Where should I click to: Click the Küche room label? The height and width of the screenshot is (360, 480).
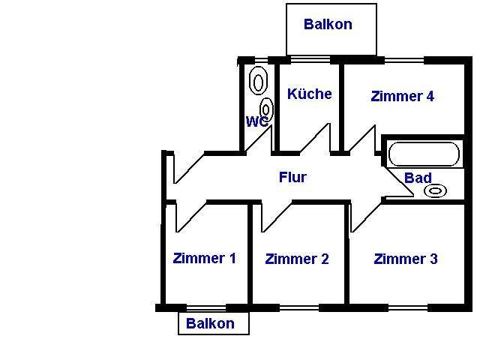tap(309, 94)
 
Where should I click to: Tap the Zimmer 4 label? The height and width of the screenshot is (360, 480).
tap(402, 96)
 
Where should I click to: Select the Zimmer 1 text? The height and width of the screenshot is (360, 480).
tap(204, 259)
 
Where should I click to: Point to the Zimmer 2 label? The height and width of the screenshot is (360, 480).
tap(297, 259)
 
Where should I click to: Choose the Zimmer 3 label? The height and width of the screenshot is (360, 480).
tap(405, 259)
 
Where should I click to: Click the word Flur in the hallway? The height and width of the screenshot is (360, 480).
tap(292, 178)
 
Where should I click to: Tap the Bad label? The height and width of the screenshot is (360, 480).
tap(418, 178)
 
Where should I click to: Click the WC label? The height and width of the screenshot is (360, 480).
tap(256, 121)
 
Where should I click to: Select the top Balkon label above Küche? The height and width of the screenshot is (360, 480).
tap(328, 24)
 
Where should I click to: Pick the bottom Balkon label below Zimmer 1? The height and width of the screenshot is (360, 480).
tap(210, 324)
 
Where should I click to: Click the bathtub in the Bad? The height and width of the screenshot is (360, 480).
tap(423, 154)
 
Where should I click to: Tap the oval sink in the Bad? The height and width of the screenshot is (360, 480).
tap(435, 190)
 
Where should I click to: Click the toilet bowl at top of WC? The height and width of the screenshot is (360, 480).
tap(258, 80)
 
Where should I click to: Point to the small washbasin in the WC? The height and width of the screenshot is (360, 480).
tap(266, 109)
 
